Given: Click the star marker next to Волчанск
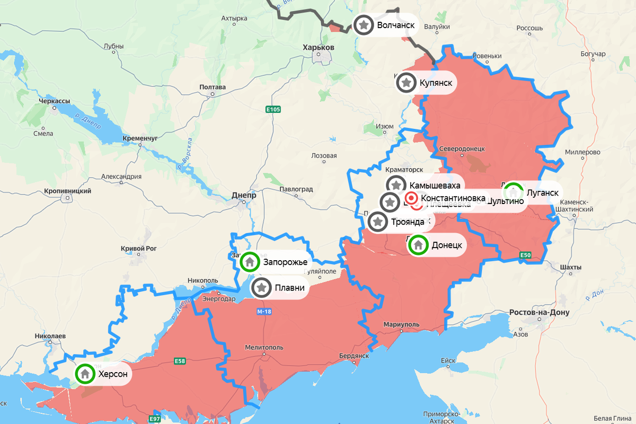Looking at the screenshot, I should point(364,25).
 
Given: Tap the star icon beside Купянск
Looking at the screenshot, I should point(407,83).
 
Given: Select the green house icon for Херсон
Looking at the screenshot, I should point(85,374).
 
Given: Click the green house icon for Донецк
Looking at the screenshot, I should point(418,245).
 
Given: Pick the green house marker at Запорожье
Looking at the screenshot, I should point(250,261).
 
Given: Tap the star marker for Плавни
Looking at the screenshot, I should point(262,288).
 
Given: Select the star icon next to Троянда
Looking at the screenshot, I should point(378,222).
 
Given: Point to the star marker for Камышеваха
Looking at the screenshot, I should point(396,185).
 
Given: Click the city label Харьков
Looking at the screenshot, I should point(318,47).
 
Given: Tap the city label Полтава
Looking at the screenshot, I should point(213,87).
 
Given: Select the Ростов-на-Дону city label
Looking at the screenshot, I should point(539,312).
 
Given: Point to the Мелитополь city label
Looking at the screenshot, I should point(262,347).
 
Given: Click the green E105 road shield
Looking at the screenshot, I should point(273,109).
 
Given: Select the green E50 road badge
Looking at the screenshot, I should point(525,255).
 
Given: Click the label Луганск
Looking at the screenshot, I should point(542,192).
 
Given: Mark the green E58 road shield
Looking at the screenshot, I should point(180,361).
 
